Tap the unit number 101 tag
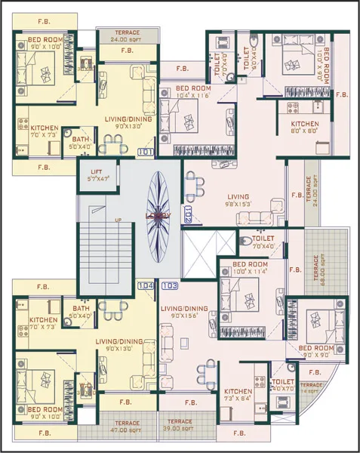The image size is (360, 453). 146,151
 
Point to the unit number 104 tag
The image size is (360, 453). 146,285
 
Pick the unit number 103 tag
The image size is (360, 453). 170,285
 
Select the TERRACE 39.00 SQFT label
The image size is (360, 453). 179,424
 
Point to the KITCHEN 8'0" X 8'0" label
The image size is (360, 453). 305,127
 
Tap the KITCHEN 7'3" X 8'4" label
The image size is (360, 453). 238,395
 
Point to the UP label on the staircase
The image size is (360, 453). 118,220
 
